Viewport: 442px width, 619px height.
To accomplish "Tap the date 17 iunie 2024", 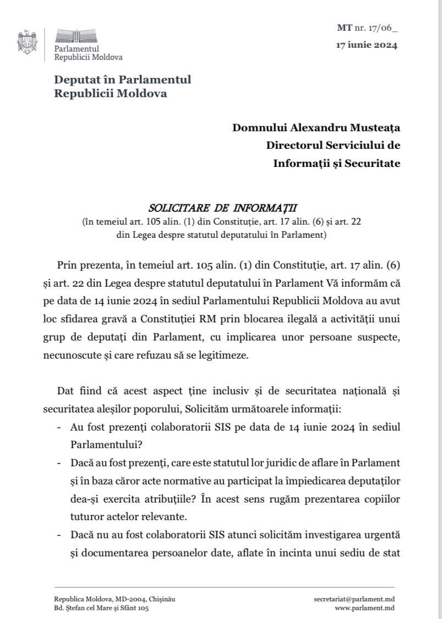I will click(366, 46).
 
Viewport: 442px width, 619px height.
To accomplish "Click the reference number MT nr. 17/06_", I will click(367, 27).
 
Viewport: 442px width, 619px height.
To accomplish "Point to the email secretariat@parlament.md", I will click(354, 599).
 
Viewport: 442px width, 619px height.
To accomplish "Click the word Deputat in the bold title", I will click(75, 79).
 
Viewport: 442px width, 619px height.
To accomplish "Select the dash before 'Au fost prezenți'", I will click(59, 427).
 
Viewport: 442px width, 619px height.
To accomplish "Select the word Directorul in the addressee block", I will click(295, 146).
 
